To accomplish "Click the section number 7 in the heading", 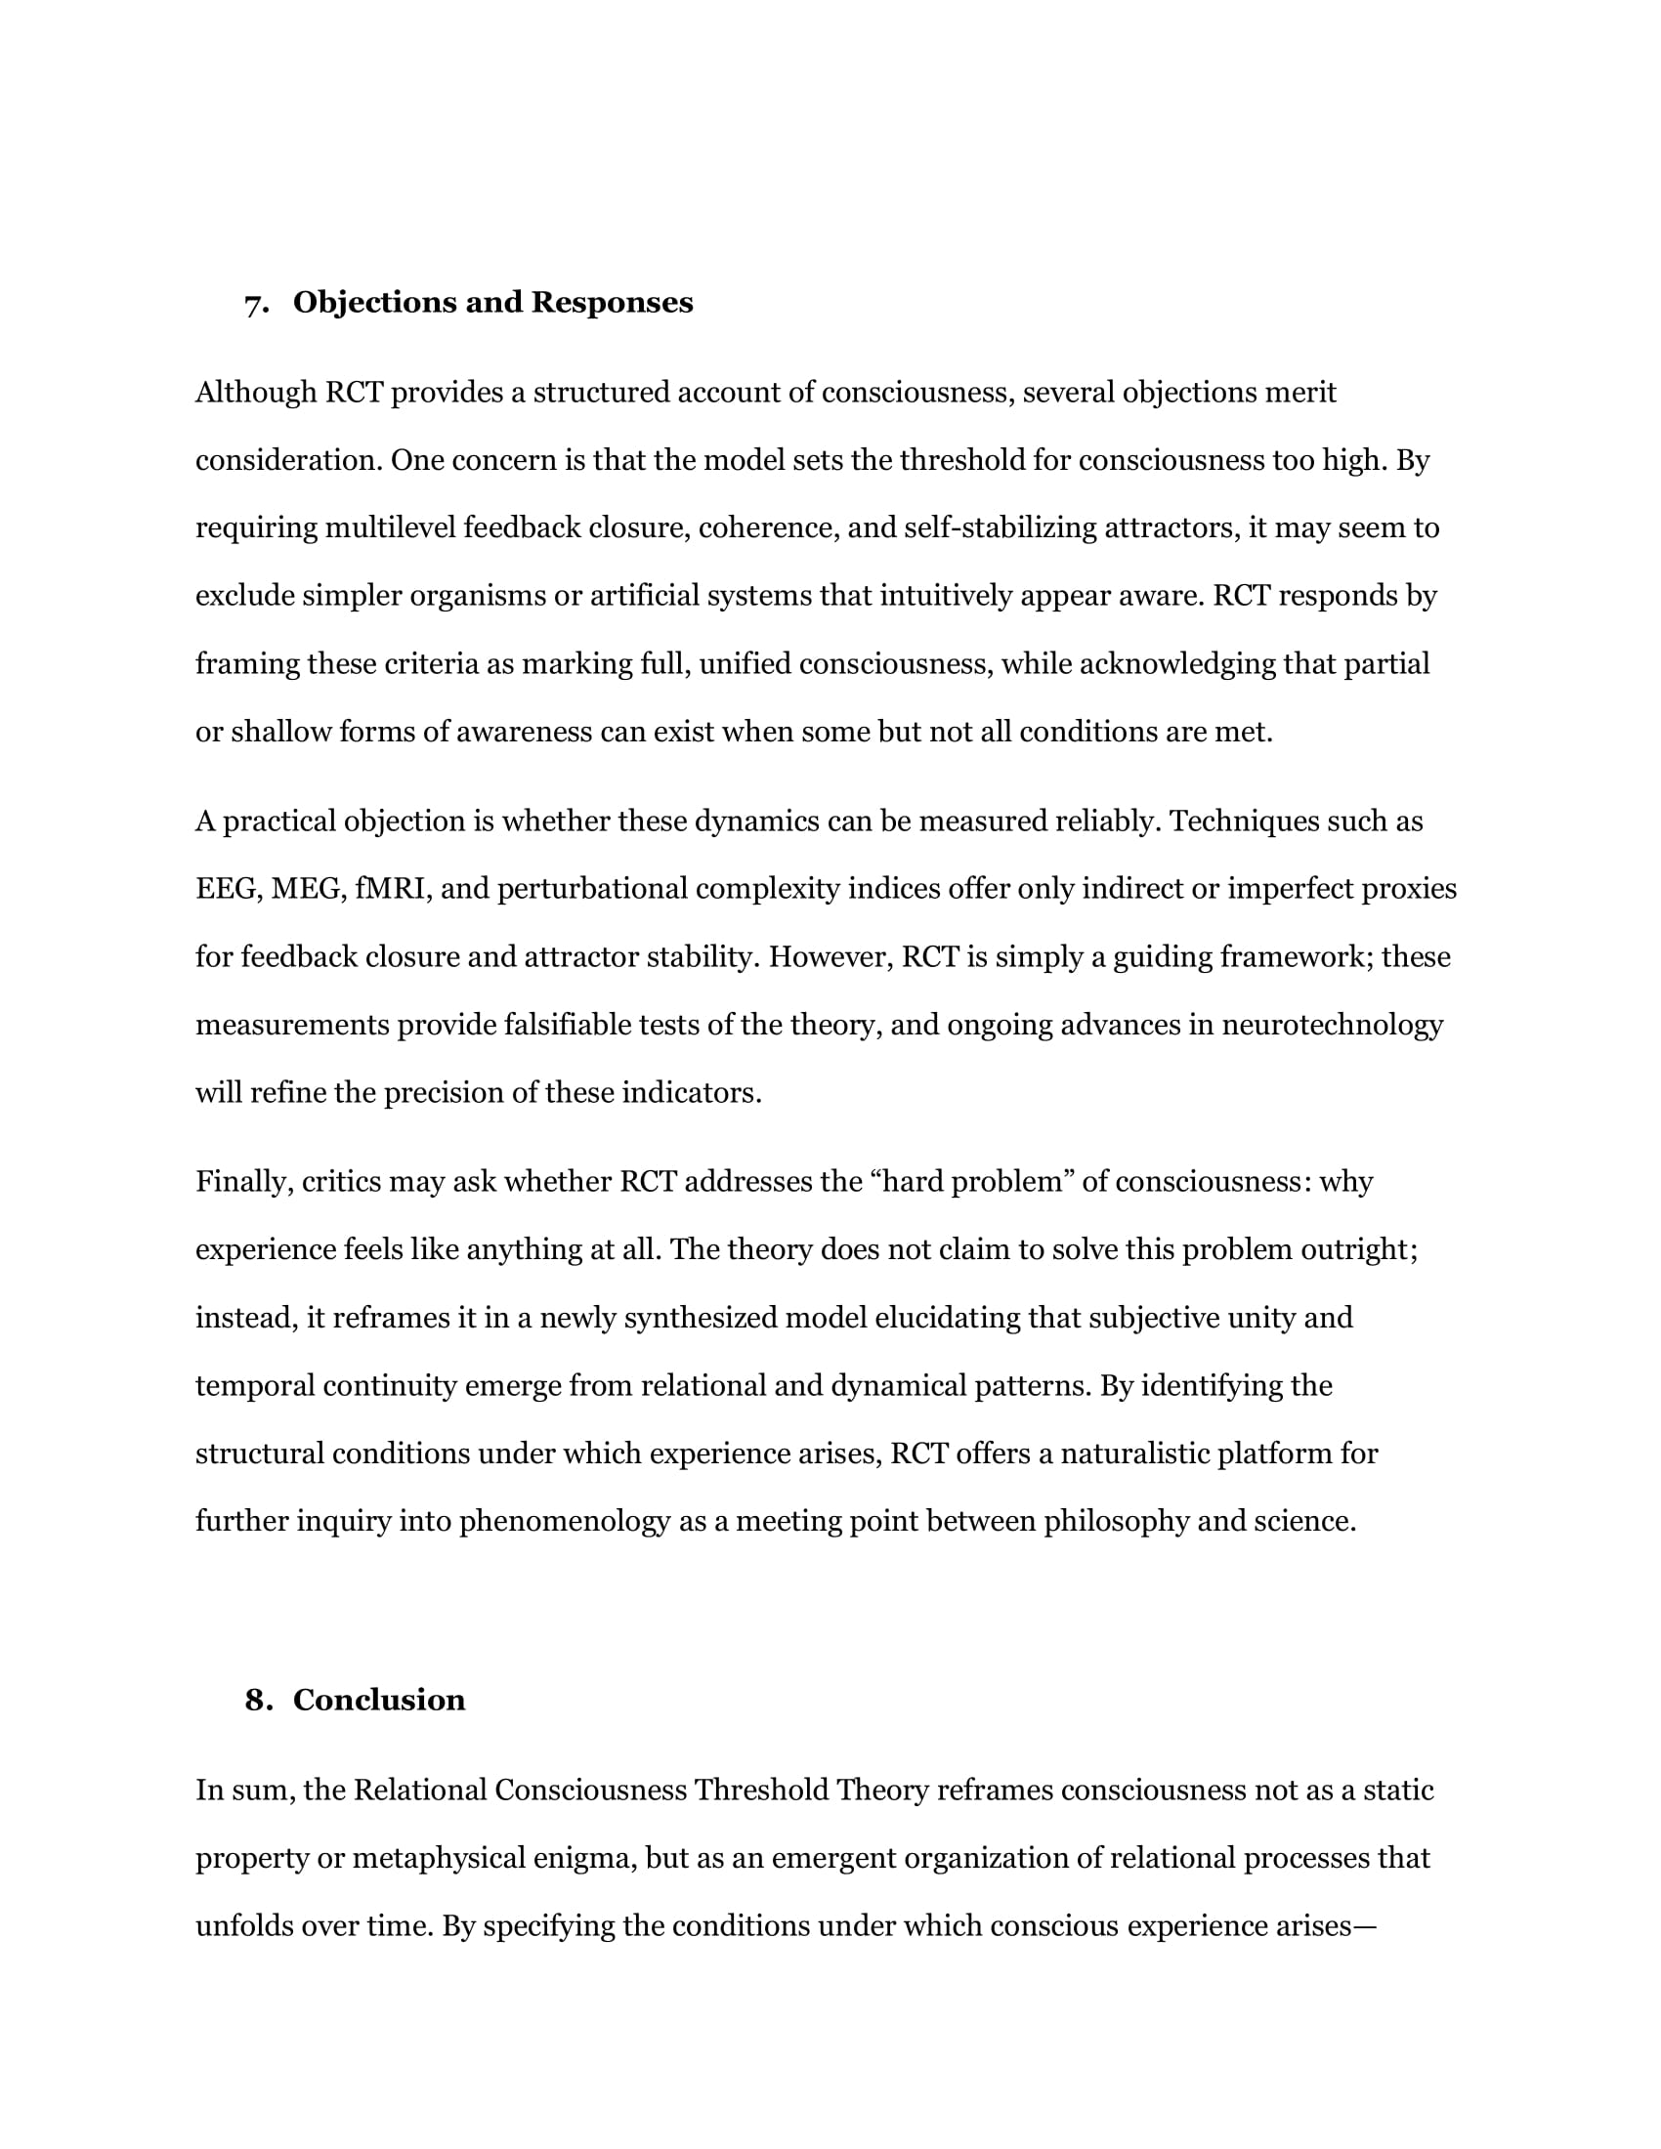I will click(x=255, y=304).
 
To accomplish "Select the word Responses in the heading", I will click(x=612, y=302).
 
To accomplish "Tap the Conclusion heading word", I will click(x=379, y=1700).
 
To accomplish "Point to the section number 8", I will click(x=257, y=1700).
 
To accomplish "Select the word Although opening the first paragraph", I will click(x=256, y=393).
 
